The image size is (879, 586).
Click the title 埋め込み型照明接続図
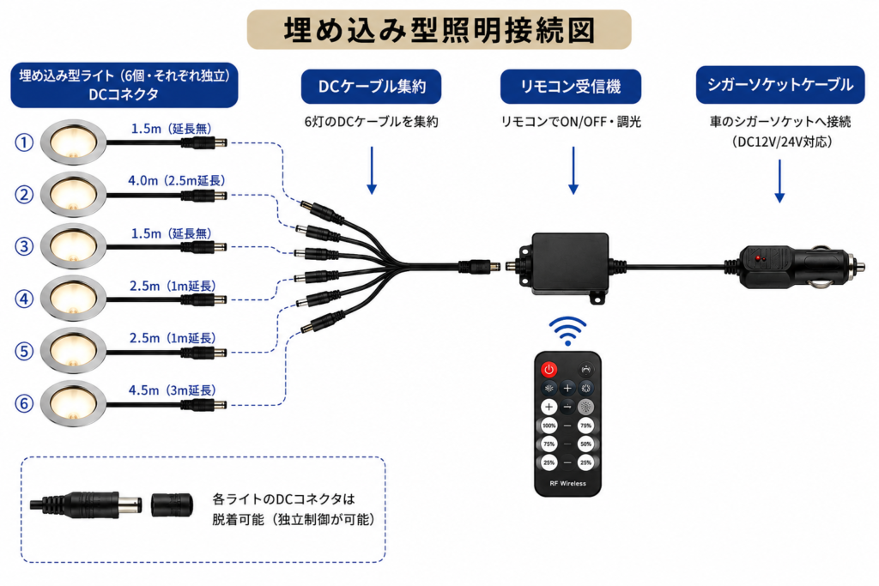click(x=439, y=30)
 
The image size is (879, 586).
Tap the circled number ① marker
click(x=24, y=143)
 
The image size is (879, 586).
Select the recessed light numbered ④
click(x=74, y=298)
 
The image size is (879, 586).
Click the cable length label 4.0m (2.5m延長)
click(x=177, y=180)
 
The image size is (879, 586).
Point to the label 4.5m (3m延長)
click(x=172, y=390)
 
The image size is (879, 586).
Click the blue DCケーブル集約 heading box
click(x=371, y=87)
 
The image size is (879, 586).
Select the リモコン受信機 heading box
click(x=571, y=87)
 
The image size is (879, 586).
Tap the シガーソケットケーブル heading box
click(x=779, y=85)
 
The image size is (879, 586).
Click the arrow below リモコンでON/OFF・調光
click(x=573, y=171)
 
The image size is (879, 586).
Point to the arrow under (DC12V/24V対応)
click(x=779, y=181)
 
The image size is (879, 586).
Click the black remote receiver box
click(x=570, y=265)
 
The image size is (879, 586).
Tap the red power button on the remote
click(x=549, y=369)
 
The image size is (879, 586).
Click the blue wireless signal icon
click(x=567, y=331)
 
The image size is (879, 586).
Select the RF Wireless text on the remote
click(x=567, y=484)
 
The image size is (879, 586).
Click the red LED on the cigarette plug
click(x=758, y=259)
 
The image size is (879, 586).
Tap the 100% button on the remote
click(x=549, y=426)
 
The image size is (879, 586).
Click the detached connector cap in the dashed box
click(x=172, y=504)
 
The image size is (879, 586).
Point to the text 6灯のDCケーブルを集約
click(x=371, y=122)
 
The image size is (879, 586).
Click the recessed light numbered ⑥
click(x=74, y=403)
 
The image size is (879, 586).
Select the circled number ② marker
click(x=24, y=195)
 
